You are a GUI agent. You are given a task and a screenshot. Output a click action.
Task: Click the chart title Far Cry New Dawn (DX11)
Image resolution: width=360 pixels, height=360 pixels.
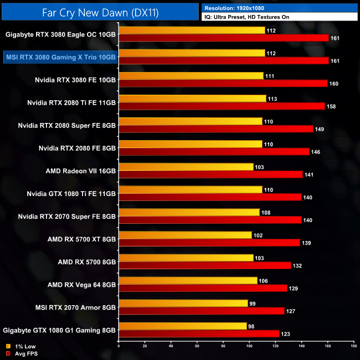100,12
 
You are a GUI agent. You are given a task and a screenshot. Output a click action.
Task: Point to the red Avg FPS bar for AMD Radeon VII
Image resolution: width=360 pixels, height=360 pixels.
210,174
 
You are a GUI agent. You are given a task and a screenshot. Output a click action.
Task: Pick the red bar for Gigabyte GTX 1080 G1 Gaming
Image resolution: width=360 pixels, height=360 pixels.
199,333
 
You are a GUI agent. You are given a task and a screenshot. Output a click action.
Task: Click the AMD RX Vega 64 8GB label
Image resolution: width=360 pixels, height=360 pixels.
81,284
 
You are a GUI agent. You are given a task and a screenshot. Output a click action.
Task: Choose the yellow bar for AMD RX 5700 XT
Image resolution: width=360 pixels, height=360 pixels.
185,235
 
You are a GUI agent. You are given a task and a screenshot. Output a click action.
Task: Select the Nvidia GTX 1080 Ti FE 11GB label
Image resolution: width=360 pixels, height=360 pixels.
71,193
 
